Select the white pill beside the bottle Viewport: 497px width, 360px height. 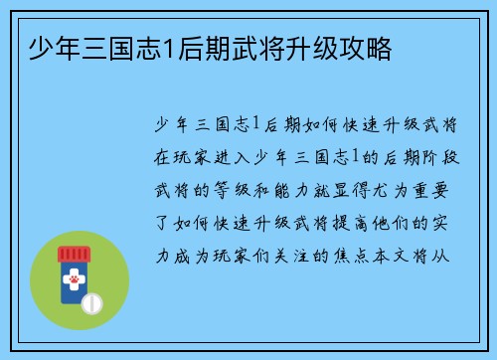92,302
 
